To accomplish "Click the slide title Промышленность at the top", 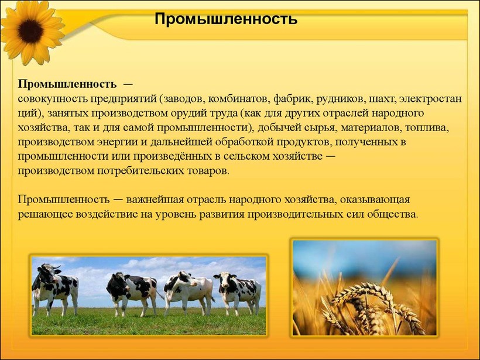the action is point(226,19).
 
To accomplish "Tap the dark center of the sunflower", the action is point(30,31).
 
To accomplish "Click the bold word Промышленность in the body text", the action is point(67,84).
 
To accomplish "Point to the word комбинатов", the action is point(236,99).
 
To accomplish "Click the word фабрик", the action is point(293,99).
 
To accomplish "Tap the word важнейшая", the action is point(155,200).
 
